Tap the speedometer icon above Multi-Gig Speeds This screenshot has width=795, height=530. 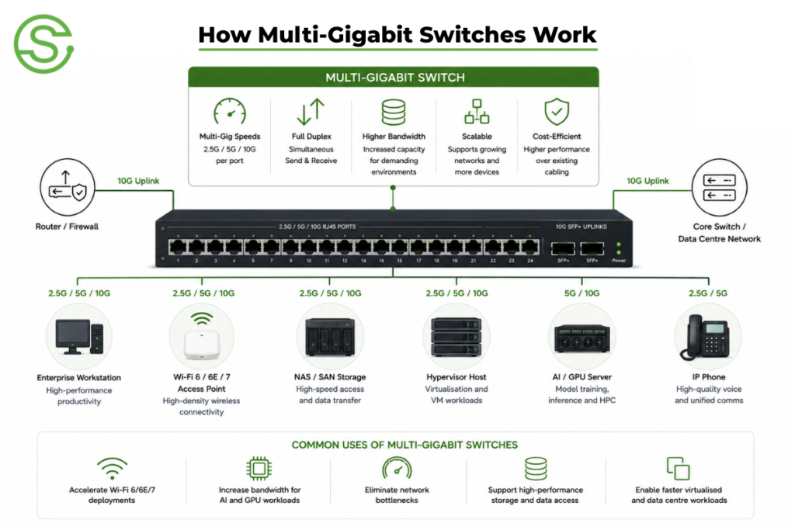pyautogui.click(x=230, y=112)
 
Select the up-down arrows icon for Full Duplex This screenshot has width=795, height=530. pyautogui.click(x=311, y=112)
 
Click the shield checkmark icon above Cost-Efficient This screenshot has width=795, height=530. pyautogui.click(x=557, y=112)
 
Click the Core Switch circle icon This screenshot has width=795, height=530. pyautogui.click(x=720, y=187)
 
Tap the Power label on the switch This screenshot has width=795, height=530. pyautogui.click(x=619, y=261)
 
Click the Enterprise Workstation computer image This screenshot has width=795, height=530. pyautogui.click(x=80, y=336)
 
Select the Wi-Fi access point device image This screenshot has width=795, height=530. pyautogui.click(x=202, y=336)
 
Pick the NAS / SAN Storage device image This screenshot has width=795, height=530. pyautogui.click(x=329, y=337)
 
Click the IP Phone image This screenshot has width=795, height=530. pyautogui.click(x=708, y=337)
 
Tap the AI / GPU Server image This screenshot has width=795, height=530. pyautogui.click(x=582, y=338)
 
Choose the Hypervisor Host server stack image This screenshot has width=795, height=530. pyautogui.click(x=457, y=337)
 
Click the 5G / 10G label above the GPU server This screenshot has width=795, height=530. pyautogui.click(x=582, y=293)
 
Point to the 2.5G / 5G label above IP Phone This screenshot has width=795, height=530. pyautogui.click(x=708, y=293)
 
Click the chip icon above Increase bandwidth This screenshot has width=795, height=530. pyautogui.click(x=259, y=469)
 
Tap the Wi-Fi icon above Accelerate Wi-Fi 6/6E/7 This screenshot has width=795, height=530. pyautogui.click(x=112, y=468)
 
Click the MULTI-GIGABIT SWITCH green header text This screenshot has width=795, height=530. pyautogui.click(x=395, y=78)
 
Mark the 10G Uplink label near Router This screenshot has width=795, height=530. pyautogui.click(x=138, y=181)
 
